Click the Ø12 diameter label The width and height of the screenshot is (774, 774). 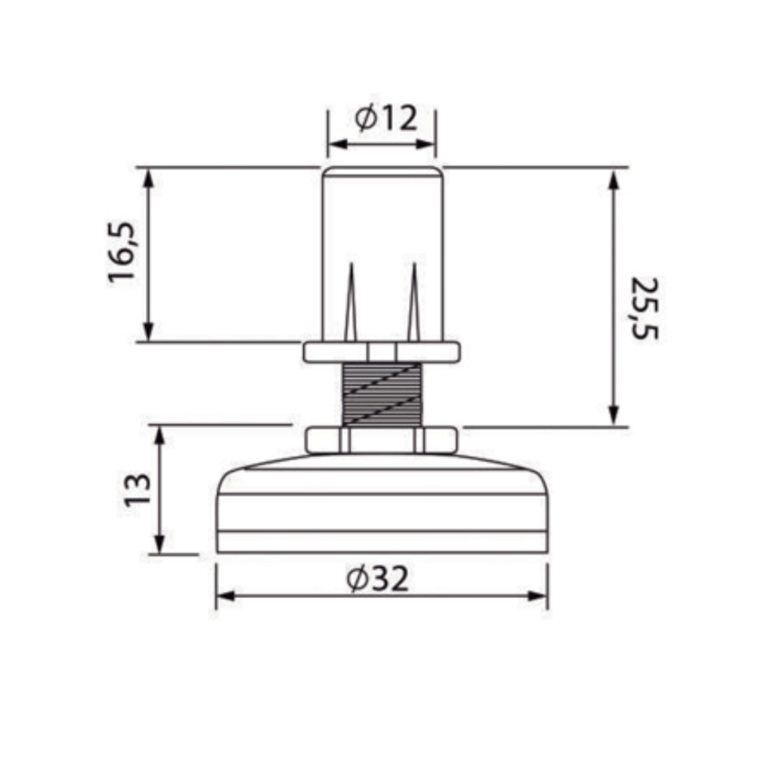pos(386,119)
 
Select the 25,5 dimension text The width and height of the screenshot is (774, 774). pos(644,308)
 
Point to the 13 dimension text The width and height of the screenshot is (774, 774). pos(138,490)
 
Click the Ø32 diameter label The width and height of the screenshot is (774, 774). pos(378,578)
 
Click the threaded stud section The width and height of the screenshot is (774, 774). pos(382,395)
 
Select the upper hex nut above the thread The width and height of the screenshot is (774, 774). pos(382,352)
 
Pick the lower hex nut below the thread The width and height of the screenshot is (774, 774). pos(382,441)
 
